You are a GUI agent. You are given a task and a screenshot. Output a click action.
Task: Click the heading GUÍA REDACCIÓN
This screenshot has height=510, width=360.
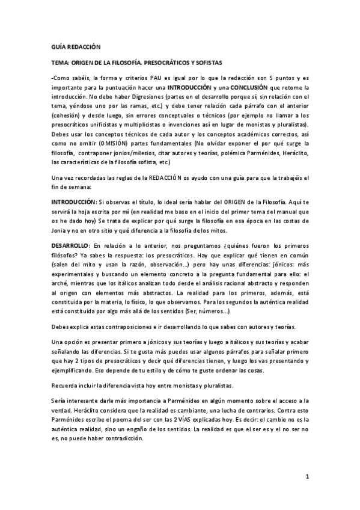click(76, 46)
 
